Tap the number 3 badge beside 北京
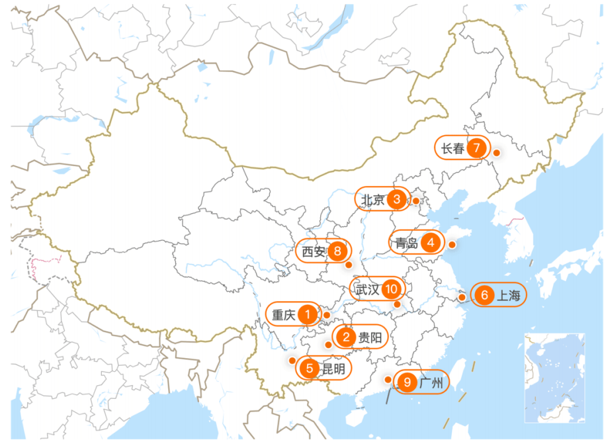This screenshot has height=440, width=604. point(397,199)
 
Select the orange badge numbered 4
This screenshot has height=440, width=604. point(431,243)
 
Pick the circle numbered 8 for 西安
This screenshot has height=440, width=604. point(337,251)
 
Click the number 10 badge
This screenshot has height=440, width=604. point(392,288)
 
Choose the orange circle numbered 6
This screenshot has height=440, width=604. point(484,295)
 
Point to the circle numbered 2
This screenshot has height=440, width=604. point(346,338)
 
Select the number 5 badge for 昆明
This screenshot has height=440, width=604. point(309,369)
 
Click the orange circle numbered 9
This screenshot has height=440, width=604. point(408,382)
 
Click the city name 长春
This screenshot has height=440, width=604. point(453,149)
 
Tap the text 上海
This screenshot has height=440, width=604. point(509,296)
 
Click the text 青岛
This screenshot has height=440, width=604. point(406,243)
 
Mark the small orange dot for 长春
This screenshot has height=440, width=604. point(496,153)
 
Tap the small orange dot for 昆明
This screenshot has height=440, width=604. point(292,360)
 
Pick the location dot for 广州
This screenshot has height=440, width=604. point(388,379)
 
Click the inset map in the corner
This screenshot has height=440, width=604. point(555,377)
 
